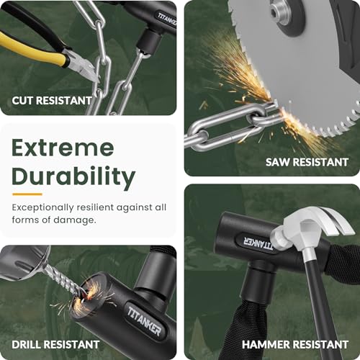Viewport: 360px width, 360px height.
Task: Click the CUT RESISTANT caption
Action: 51,100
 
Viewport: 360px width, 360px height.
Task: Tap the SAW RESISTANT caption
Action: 307,162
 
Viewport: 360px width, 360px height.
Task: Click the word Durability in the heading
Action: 73,177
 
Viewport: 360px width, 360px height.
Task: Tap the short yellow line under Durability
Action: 27,194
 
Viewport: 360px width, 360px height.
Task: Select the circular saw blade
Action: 317,65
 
